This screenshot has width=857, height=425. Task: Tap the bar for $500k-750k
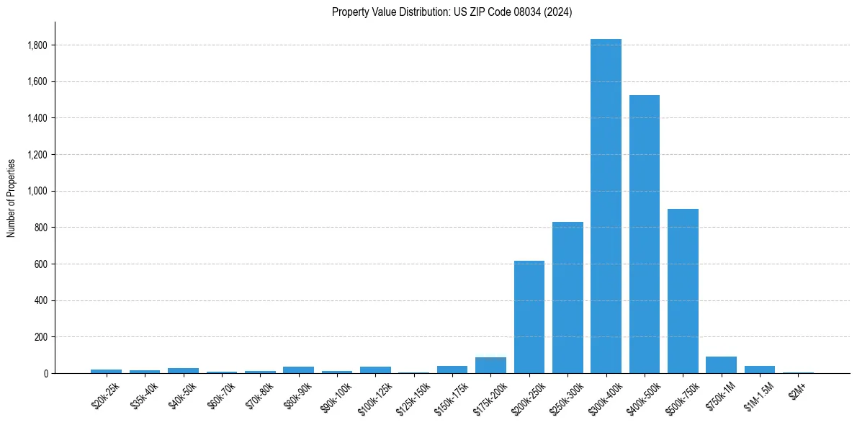point(683,291)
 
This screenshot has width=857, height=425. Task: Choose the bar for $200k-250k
point(529,317)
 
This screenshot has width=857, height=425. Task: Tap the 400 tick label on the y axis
point(42,300)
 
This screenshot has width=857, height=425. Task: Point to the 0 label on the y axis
point(45,374)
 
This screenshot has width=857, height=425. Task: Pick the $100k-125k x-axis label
point(373,397)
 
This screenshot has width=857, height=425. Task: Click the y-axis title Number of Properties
point(12,198)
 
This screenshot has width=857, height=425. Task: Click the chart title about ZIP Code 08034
point(452,12)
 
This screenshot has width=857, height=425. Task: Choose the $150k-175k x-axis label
point(450,397)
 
